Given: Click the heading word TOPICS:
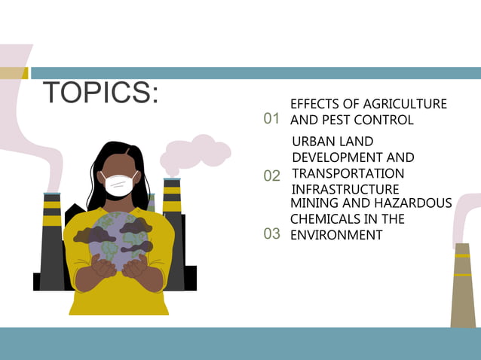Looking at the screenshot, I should click(101, 93).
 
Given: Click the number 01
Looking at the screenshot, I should click(271, 119).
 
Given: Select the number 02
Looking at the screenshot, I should click(271, 175).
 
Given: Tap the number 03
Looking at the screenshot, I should click(271, 234).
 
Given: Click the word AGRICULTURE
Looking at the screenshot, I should click(405, 104).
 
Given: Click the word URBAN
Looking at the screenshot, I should click(312, 141).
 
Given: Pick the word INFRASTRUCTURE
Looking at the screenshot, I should click(345, 189).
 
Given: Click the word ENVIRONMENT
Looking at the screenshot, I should click(336, 235).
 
